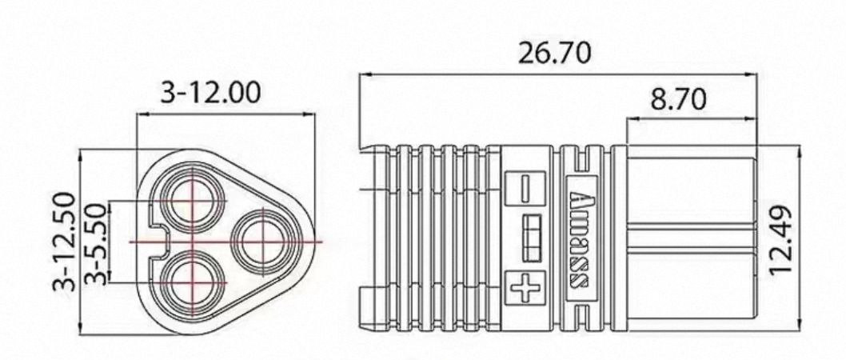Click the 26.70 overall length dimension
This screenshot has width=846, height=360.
555,53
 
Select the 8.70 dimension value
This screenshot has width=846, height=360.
678,99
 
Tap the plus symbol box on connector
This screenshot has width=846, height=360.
525,287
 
